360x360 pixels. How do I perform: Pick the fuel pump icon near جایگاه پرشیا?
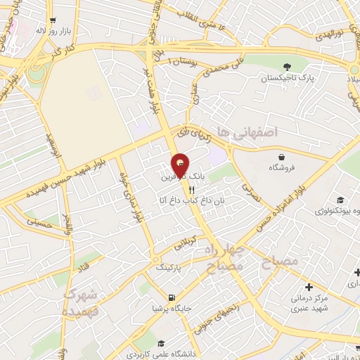pos(171,297)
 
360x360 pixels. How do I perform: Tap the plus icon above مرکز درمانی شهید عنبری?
pos(309,286)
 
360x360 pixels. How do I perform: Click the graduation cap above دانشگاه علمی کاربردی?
pos(162,344)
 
